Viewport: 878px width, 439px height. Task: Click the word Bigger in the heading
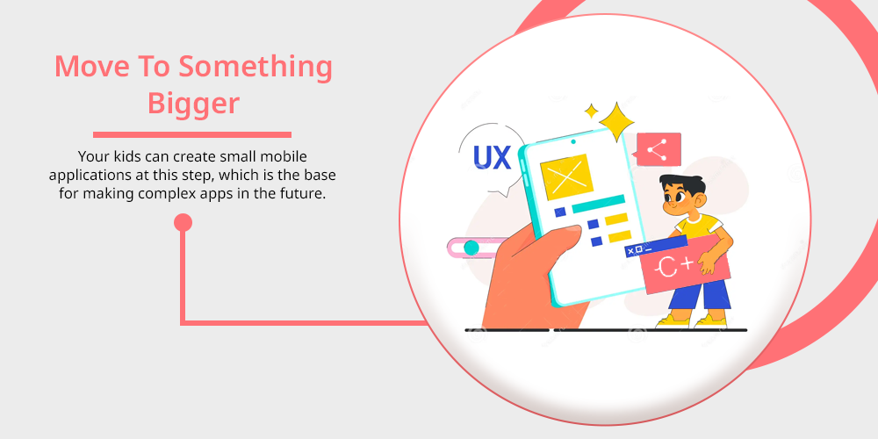click(x=193, y=104)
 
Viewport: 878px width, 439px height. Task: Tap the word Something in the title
click(x=255, y=67)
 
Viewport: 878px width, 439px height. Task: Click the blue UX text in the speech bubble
click(x=493, y=157)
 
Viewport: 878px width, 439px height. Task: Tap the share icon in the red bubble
click(x=657, y=150)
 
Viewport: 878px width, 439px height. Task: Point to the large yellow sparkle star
click(x=616, y=121)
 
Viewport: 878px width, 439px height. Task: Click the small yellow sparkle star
click(x=591, y=111)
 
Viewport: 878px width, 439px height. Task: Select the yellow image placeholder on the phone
click(x=566, y=177)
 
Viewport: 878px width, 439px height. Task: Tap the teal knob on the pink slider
click(x=471, y=248)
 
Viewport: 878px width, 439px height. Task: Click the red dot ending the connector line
click(x=184, y=223)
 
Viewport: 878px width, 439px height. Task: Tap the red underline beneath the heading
click(x=192, y=134)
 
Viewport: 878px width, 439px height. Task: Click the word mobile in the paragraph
click(x=285, y=156)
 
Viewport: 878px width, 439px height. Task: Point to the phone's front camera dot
click(x=573, y=141)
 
